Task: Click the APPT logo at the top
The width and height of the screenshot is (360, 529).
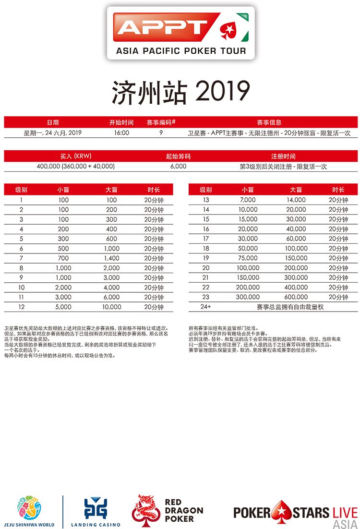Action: coord(180,33)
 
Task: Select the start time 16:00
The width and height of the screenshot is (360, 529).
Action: coord(121,132)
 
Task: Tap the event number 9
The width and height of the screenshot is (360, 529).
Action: coord(160,132)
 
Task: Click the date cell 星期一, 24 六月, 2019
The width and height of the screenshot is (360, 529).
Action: coord(53,132)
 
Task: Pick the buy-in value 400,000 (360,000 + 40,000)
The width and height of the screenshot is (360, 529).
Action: coord(76,166)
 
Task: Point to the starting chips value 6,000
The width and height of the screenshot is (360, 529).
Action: coord(178,166)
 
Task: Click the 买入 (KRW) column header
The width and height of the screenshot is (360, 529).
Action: coord(76,156)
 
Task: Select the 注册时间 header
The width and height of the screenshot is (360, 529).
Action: coord(283,156)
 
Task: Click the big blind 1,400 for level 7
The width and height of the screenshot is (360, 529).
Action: coord(112,258)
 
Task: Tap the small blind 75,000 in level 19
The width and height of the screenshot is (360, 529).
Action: coord(249,258)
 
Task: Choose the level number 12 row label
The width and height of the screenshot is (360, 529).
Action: coord(21,307)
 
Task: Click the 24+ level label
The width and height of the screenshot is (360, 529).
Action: coord(206,307)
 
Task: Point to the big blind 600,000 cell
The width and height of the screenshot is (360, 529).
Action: coord(296,297)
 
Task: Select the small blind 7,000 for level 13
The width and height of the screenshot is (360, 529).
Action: coord(249,200)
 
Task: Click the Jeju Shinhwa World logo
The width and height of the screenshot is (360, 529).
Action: coord(29,512)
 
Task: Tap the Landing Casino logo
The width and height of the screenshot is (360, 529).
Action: coord(96,512)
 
